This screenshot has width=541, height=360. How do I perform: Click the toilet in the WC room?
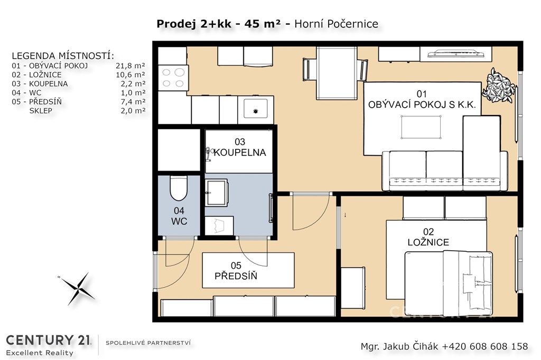click(179, 188)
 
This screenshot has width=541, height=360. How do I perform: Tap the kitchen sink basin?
click(255, 109)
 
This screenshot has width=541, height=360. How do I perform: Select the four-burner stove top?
click(173, 78)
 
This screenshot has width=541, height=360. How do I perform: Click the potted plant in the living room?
click(498, 85)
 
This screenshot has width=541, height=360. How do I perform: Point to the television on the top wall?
click(456, 54)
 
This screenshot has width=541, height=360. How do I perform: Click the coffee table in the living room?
click(421, 127)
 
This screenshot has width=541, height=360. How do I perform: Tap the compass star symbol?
click(78, 289)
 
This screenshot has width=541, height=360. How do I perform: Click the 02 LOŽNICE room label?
click(428, 237)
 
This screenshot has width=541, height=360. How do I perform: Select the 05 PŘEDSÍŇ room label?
click(236, 271)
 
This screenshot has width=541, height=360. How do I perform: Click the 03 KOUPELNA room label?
click(240, 147)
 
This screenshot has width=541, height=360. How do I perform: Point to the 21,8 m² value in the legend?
click(130, 65)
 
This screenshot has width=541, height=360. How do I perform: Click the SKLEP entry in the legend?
click(41, 111)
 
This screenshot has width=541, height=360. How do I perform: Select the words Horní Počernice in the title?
click(336, 24)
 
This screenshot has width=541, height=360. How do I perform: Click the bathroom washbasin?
click(216, 193)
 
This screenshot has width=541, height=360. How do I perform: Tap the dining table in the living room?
click(337, 73)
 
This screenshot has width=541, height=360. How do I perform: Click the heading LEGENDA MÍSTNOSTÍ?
click(63, 56)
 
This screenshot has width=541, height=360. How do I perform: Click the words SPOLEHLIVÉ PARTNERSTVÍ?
click(148, 343)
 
